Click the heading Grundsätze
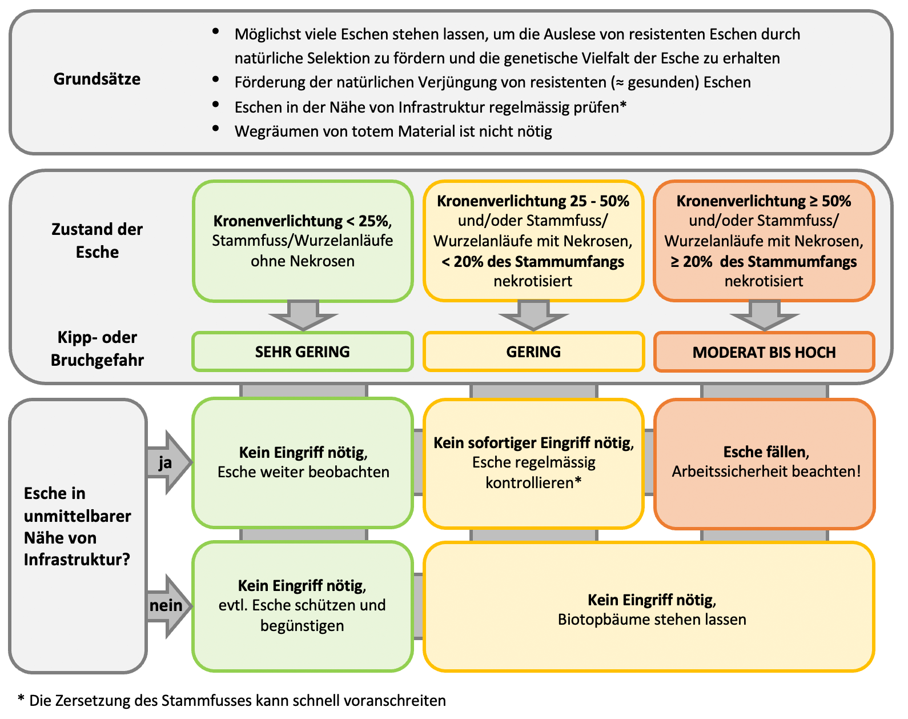[x=97, y=79]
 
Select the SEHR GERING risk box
[x=303, y=351]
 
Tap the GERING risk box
[x=533, y=351]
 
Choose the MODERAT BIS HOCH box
[x=764, y=352]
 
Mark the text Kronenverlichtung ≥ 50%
[x=764, y=201]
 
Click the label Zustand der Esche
[x=97, y=241]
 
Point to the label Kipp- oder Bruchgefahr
[x=97, y=349]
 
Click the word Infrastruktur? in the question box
[x=77, y=559]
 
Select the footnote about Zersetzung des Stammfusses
[x=232, y=701]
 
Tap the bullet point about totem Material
[x=393, y=131]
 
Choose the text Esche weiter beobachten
[x=303, y=472]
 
